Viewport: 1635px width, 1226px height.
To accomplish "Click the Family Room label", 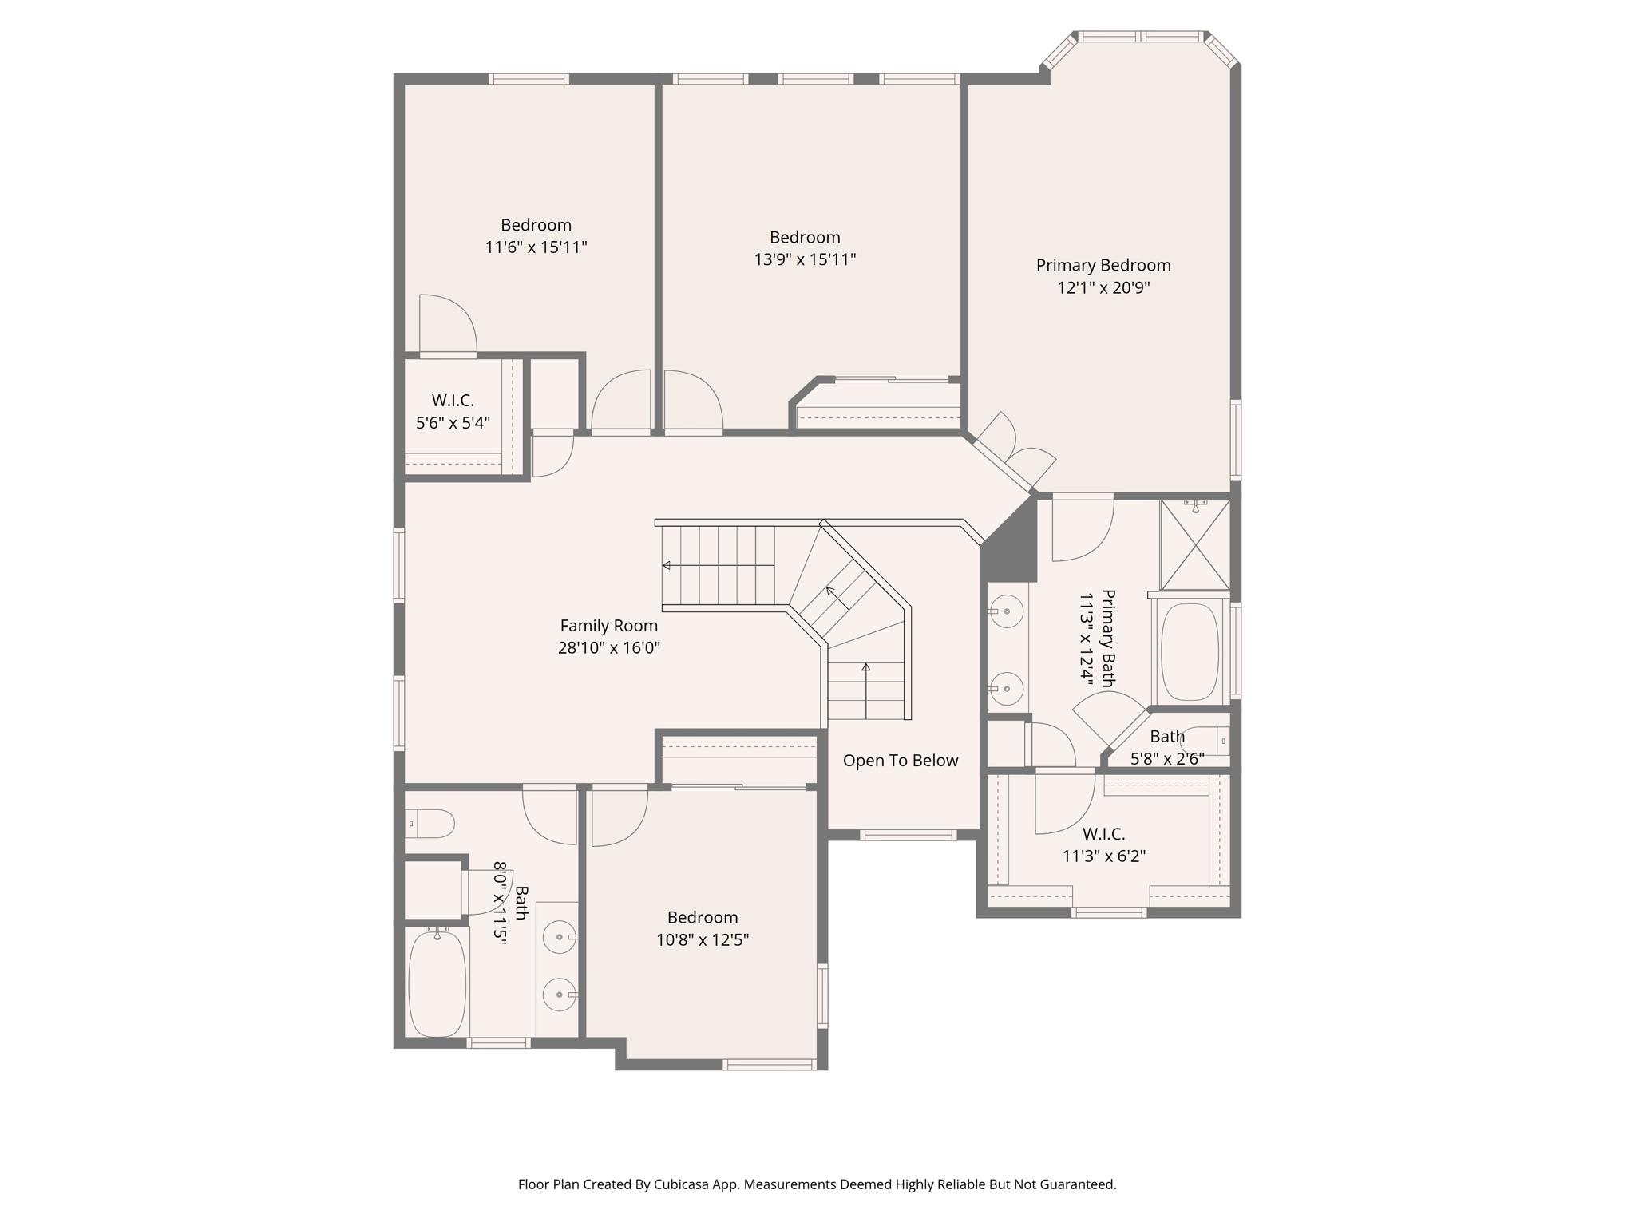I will pos(608,626).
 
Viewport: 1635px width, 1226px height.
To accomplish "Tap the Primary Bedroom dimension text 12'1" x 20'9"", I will pos(1103,288).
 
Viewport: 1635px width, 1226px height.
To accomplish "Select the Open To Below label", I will pos(901,761).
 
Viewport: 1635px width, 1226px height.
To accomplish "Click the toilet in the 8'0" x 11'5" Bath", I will pos(431,823).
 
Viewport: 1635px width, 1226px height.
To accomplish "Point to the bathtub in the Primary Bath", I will pos(1190,652).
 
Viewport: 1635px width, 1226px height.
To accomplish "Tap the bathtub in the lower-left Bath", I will pos(437,983).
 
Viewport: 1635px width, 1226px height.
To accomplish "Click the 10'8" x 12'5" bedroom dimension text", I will pos(703,940).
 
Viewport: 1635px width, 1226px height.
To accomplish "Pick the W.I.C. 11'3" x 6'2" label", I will pos(1104,845).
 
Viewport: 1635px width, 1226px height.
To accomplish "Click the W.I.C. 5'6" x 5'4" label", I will pos(453,412).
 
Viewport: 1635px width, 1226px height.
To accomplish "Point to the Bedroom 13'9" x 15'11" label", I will pos(805,248).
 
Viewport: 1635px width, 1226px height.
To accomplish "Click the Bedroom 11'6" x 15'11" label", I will pos(536,236).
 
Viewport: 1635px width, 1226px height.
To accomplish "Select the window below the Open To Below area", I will pos(908,836).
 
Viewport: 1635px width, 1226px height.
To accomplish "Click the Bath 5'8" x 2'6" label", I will pos(1167,747).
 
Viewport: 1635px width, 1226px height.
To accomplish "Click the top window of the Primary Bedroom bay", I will pos(1140,37).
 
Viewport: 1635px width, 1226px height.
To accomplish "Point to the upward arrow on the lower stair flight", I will pos(866,668).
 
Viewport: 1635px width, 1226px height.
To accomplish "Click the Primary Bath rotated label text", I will pos(1097,639).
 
